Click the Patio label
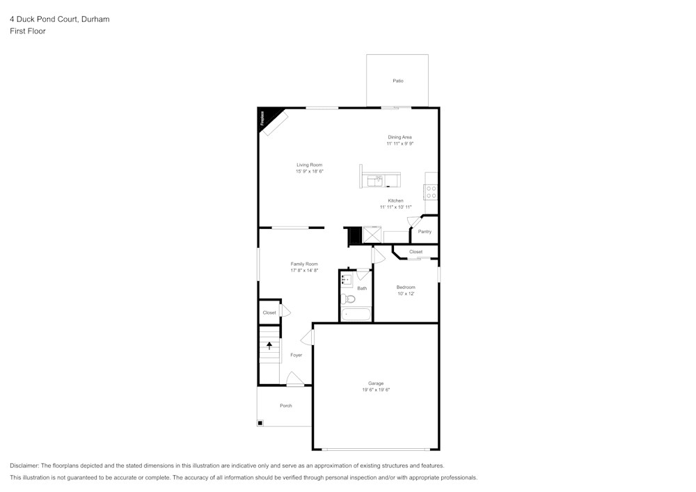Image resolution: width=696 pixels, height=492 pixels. [x=397, y=81]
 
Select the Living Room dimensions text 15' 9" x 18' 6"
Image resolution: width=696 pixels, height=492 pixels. [x=310, y=171]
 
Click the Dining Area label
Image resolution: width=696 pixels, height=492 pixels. [x=400, y=137]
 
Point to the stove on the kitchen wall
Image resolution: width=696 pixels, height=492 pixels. [x=431, y=191]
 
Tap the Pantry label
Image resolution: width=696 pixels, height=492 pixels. [x=425, y=232]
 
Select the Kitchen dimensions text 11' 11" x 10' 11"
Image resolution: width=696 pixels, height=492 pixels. [x=395, y=207]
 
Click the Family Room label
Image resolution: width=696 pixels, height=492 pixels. [x=304, y=264]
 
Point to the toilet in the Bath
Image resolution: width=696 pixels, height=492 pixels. [x=348, y=299]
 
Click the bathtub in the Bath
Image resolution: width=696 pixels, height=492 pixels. [x=356, y=315]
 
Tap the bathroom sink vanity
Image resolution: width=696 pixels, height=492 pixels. [x=347, y=280]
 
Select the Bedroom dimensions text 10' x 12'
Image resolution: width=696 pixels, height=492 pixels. [x=406, y=294]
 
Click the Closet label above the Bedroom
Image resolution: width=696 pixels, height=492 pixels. [x=416, y=252]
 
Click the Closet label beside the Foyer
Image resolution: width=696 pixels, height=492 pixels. [x=269, y=312]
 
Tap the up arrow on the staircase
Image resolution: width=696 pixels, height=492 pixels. [x=269, y=345]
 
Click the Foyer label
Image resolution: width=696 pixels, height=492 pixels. [x=296, y=355]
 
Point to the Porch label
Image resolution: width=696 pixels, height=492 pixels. [x=285, y=406]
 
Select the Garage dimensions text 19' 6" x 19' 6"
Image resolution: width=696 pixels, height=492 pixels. [x=376, y=390]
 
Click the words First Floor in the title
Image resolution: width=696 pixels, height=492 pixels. [x=28, y=31]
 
